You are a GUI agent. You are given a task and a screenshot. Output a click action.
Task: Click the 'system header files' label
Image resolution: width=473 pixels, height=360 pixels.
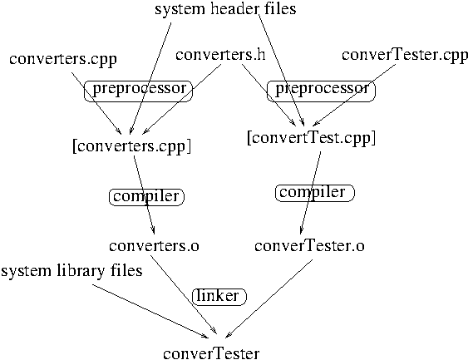225,9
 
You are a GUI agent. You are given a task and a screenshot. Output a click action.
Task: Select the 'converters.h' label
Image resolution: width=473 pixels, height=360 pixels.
220,55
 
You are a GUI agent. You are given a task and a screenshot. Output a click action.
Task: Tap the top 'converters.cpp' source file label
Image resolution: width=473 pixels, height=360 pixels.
62,60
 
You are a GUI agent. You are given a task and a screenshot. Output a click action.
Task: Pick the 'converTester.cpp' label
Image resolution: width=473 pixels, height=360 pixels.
405,56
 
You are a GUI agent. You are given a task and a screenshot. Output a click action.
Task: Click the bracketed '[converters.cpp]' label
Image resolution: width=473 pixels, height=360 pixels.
132,147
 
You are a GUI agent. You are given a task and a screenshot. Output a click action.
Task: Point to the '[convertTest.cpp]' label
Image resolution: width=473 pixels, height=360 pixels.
311,139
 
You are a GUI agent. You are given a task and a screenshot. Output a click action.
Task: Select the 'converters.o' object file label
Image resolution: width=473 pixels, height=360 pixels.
154,246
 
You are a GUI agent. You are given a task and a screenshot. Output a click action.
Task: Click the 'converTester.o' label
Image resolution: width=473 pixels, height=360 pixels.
309,246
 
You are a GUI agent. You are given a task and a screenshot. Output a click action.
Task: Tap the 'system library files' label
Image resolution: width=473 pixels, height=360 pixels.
71,271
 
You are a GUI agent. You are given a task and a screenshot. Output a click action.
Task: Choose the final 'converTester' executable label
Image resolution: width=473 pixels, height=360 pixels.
211,353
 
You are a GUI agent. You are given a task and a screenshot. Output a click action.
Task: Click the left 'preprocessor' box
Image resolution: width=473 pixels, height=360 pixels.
138,91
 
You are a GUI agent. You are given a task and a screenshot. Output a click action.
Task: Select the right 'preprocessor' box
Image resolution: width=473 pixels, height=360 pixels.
321,91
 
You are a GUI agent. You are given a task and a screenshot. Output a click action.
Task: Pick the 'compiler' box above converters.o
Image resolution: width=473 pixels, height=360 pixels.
146,197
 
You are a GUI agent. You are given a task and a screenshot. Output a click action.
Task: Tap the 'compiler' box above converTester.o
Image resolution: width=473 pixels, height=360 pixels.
314,193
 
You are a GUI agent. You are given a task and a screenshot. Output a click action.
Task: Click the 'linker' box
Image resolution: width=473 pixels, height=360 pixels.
219,297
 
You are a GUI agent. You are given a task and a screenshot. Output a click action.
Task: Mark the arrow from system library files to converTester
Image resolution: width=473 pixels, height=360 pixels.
150,311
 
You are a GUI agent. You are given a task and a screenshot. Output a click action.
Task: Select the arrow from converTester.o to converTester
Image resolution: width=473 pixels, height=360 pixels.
269,298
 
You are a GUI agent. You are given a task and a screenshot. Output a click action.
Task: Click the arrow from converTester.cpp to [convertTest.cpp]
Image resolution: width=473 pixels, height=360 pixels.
353,95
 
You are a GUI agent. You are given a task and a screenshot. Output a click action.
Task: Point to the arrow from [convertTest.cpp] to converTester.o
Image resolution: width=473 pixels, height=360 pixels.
310,193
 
